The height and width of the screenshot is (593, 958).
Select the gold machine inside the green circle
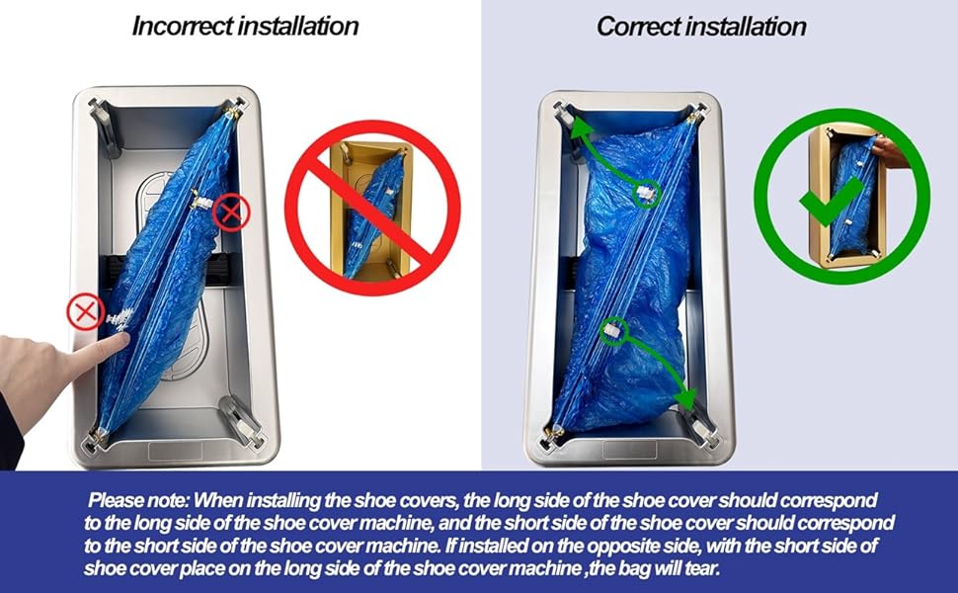pos(844,198)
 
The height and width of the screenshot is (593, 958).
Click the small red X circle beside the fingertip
pos(85,312)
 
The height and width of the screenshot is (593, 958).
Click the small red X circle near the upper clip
pos(232,212)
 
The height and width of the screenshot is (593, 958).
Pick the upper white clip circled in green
pos(645,193)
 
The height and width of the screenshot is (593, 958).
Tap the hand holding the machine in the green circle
pos(892,152)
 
